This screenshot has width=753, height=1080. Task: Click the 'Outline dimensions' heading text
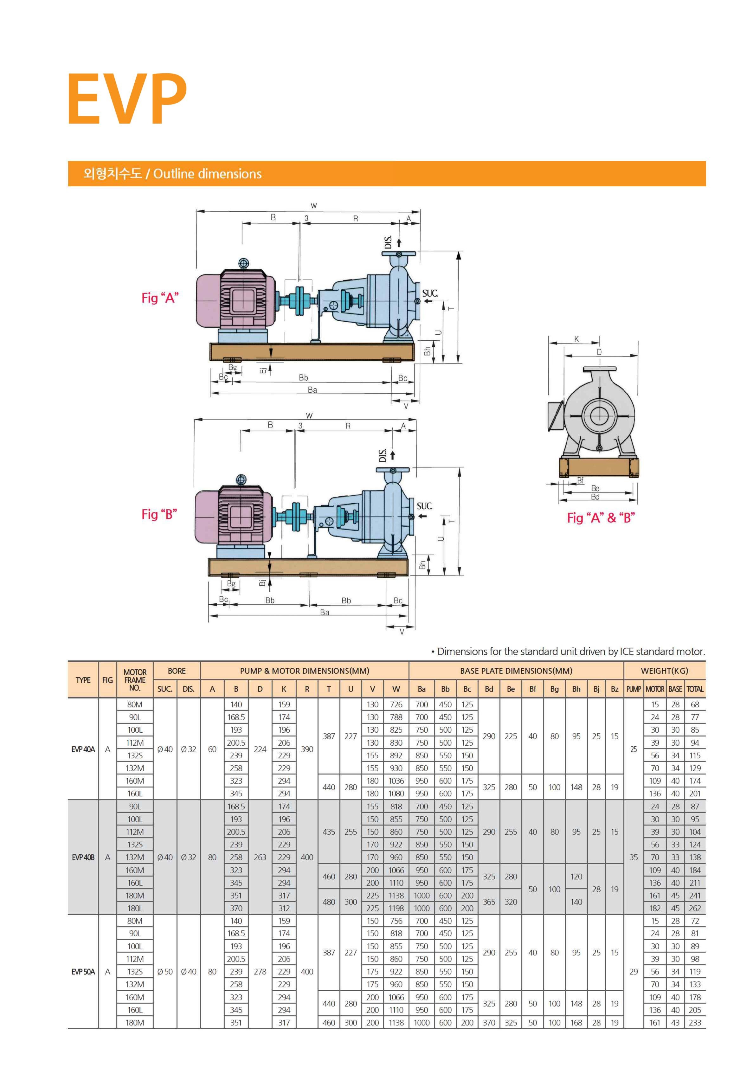point(207,174)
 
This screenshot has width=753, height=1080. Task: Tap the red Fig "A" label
point(160,298)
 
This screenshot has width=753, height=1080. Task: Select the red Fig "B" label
point(159,514)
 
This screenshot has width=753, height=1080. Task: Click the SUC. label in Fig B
point(424,506)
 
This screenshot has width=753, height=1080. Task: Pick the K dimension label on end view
point(576,339)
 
